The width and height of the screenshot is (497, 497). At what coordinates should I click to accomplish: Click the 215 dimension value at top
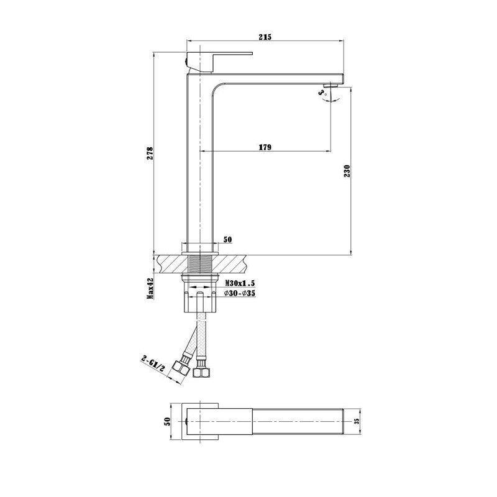coord(265,37)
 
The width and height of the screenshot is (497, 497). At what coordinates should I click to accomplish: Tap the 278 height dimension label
coord(150,153)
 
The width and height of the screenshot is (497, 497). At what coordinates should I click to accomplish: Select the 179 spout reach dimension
coord(265,147)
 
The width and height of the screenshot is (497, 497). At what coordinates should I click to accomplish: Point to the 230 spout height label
coord(347,171)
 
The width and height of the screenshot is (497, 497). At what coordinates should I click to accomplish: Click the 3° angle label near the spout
coord(322,93)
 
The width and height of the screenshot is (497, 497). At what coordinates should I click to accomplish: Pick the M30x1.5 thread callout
coord(240,283)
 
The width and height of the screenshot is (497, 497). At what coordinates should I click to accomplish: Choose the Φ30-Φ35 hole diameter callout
coord(240,293)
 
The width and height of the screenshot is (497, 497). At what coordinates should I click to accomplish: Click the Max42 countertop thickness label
coord(150,288)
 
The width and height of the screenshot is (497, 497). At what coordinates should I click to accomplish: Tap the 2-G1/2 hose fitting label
coord(153,364)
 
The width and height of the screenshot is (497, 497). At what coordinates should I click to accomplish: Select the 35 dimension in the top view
coord(357,421)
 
